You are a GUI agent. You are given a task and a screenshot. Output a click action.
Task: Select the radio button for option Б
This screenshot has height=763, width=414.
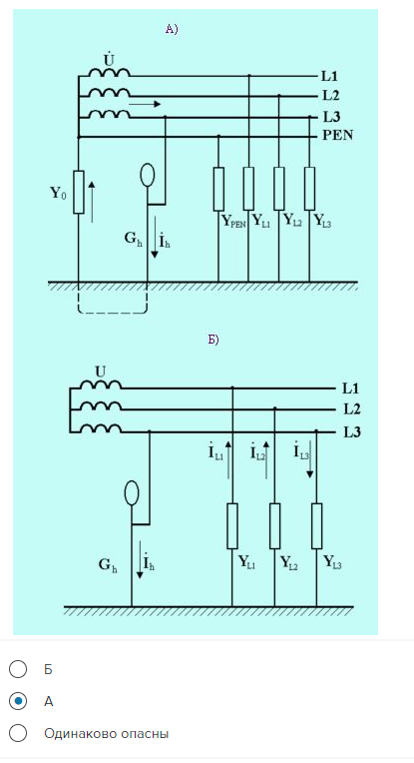click(x=18, y=669)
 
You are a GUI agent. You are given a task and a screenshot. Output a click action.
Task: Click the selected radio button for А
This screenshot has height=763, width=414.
click(x=18, y=701)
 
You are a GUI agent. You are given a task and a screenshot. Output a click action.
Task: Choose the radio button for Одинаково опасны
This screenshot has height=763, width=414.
click(x=18, y=733)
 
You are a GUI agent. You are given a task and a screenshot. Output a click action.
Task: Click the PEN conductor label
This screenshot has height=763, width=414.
click(x=338, y=135)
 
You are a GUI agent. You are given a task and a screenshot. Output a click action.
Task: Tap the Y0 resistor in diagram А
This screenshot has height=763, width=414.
click(x=78, y=192)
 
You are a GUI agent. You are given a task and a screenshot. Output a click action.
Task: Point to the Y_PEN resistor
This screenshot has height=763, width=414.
click(x=218, y=190)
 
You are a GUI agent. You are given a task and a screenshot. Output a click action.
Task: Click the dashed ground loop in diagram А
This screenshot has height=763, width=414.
click(x=113, y=313)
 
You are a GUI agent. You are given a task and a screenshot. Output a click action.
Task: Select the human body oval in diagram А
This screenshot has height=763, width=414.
click(x=147, y=175)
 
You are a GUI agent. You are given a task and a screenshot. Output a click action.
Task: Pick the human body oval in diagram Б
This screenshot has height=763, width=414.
click(x=132, y=492)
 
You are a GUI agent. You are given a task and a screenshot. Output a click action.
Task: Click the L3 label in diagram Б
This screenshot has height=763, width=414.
click(x=352, y=432)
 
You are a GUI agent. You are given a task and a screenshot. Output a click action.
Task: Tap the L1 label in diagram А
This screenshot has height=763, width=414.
click(x=329, y=76)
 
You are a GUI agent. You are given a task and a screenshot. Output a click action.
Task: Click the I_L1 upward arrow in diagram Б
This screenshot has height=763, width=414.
click(x=228, y=460)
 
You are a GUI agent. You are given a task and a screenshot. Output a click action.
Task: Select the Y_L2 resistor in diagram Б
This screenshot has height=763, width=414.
click(x=274, y=526)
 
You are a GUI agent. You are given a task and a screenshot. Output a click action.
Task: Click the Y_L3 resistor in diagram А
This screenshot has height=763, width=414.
click(x=309, y=189)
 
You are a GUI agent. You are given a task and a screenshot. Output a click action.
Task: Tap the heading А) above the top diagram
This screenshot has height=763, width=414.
click(x=172, y=30)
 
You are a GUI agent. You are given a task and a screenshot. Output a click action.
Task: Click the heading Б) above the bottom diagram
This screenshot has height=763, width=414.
click(x=213, y=340)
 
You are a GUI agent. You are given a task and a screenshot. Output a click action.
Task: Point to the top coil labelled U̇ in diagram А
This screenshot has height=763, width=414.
click(x=110, y=72)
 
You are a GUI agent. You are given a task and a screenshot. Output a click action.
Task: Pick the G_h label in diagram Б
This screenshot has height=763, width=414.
click(x=108, y=565)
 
